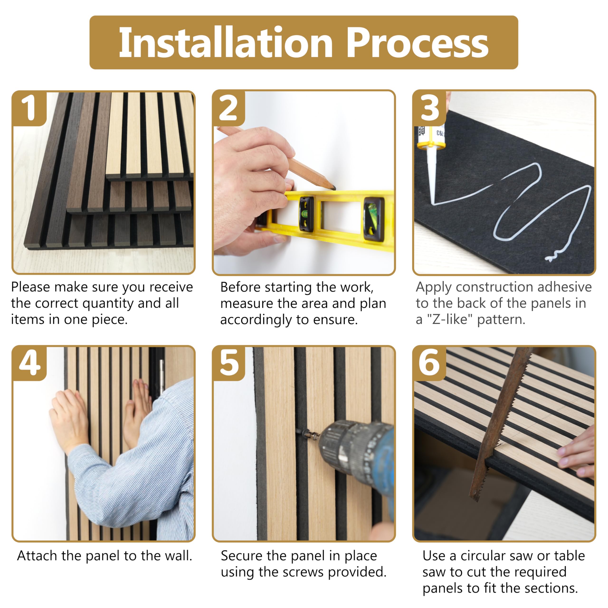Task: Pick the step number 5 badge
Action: tap(228, 363)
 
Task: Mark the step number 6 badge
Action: tap(429, 363)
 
